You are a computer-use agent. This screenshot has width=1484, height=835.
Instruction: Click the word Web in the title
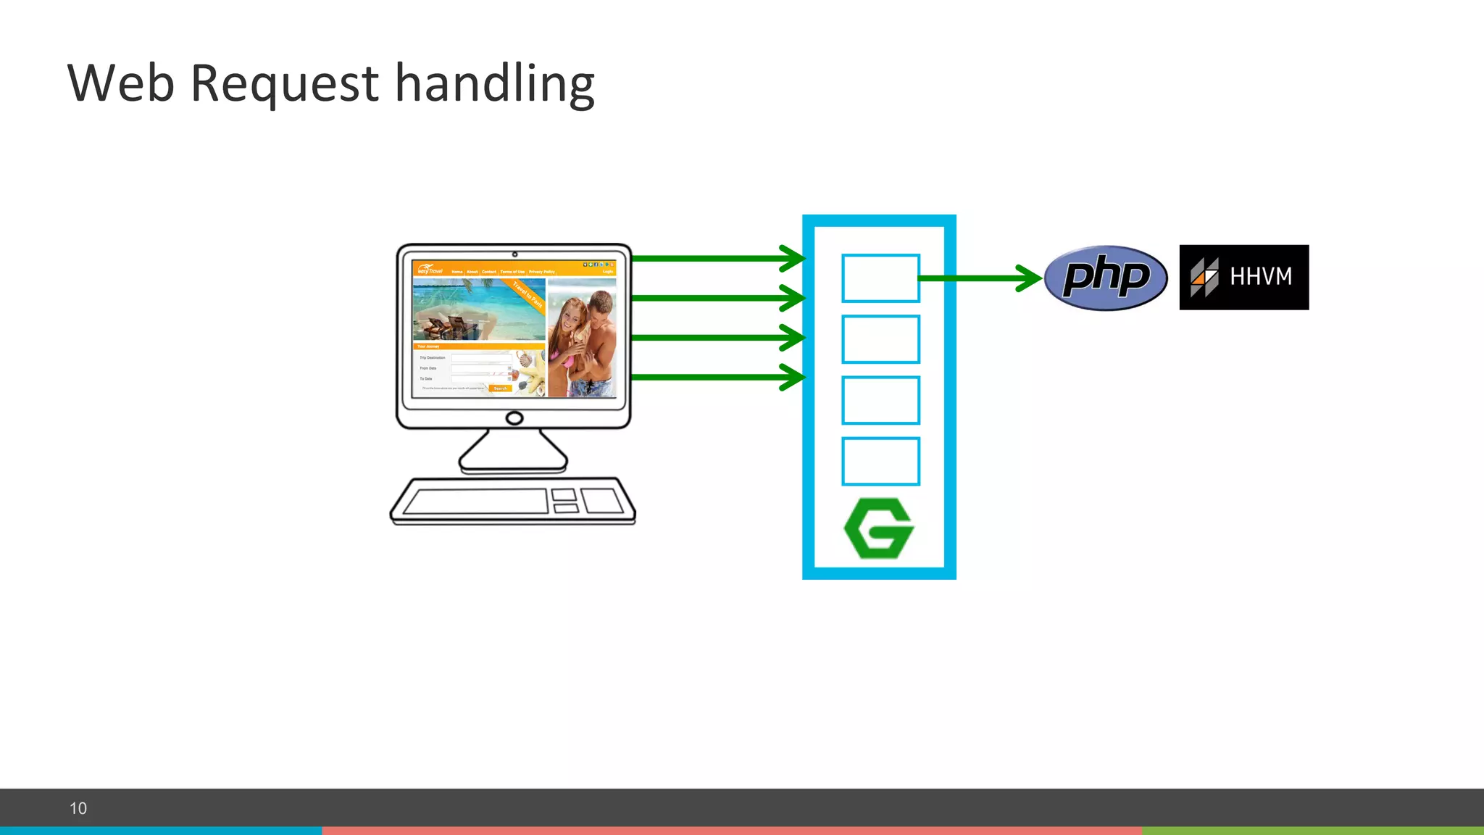(x=121, y=83)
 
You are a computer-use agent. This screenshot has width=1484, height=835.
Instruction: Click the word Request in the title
(x=284, y=84)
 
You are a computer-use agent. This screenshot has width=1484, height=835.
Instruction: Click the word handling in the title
(x=494, y=84)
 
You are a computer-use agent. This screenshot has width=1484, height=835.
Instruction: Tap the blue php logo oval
(x=1106, y=278)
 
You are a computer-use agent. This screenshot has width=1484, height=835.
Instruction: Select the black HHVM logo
(x=1243, y=278)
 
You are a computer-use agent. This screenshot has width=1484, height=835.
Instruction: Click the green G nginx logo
(x=879, y=528)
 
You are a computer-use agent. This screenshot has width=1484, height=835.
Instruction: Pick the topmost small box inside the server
(x=880, y=278)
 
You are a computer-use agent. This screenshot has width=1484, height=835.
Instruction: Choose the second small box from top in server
(x=880, y=339)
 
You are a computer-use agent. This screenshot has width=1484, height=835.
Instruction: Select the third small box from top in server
(x=880, y=400)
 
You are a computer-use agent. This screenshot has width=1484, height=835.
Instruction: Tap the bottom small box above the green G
(x=880, y=461)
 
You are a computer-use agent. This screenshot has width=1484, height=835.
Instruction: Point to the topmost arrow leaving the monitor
(x=717, y=258)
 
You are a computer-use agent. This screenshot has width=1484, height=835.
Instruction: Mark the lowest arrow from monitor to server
(x=717, y=377)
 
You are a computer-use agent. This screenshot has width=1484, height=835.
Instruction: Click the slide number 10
(x=78, y=808)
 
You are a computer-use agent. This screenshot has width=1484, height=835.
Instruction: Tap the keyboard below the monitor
(x=513, y=501)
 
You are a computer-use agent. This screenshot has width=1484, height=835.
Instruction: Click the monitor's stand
(x=513, y=451)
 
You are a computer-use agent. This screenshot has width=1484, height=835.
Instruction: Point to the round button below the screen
(x=514, y=418)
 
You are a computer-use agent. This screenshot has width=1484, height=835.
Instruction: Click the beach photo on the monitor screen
(x=478, y=310)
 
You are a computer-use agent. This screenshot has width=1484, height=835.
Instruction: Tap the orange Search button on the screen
(x=501, y=389)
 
